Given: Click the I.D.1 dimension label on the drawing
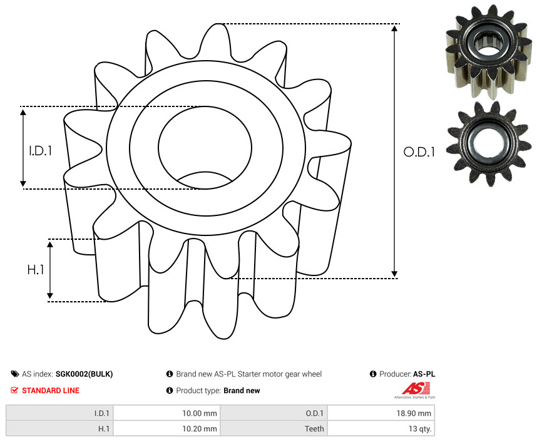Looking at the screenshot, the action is tap(41, 151).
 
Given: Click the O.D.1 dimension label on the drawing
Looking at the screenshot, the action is tap(419, 152).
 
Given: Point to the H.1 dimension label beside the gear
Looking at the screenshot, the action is tap(36, 270).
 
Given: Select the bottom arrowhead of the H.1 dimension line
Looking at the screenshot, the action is tap(50, 296).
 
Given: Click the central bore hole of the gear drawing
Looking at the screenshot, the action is tap(205, 148).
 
